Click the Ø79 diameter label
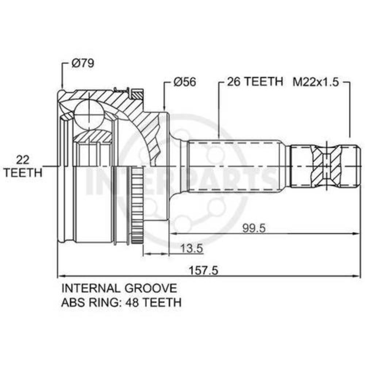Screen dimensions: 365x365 tap(83, 63)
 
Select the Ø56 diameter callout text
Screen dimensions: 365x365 tap(185, 82)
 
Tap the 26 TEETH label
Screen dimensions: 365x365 tap(255, 81)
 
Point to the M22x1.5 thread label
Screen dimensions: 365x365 tap(316, 82)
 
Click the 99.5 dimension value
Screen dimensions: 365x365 tap(254, 228)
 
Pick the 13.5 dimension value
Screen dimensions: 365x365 tap(192, 248)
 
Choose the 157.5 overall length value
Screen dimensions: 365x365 tap(204, 270)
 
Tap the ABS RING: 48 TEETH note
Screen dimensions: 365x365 tap(121, 302)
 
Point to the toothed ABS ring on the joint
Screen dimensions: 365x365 tap(137, 206)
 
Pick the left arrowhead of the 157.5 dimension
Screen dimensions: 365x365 tap(61, 276)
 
